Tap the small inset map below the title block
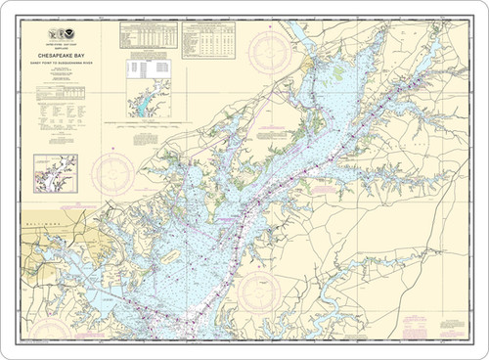click(x=55, y=172)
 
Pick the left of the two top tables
click(x=148, y=36)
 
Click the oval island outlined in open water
click(x=169, y=256)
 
